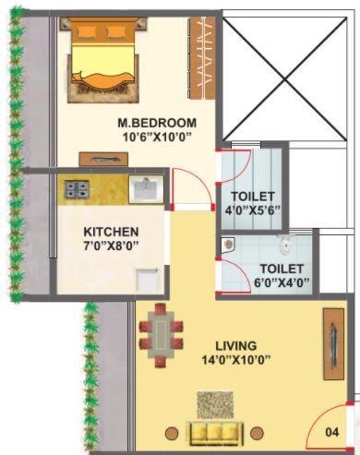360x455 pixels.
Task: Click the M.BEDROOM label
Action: coord(157,123)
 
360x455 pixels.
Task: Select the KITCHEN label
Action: coord(111,231)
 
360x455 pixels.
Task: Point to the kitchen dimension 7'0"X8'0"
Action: coord(111,246)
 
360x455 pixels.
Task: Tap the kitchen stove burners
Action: coord(76,191)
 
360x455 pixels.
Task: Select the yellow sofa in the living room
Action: coord(214,432)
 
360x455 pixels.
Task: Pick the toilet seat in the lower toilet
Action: coord(286,245)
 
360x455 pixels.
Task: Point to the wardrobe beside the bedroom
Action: coord(196,59)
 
